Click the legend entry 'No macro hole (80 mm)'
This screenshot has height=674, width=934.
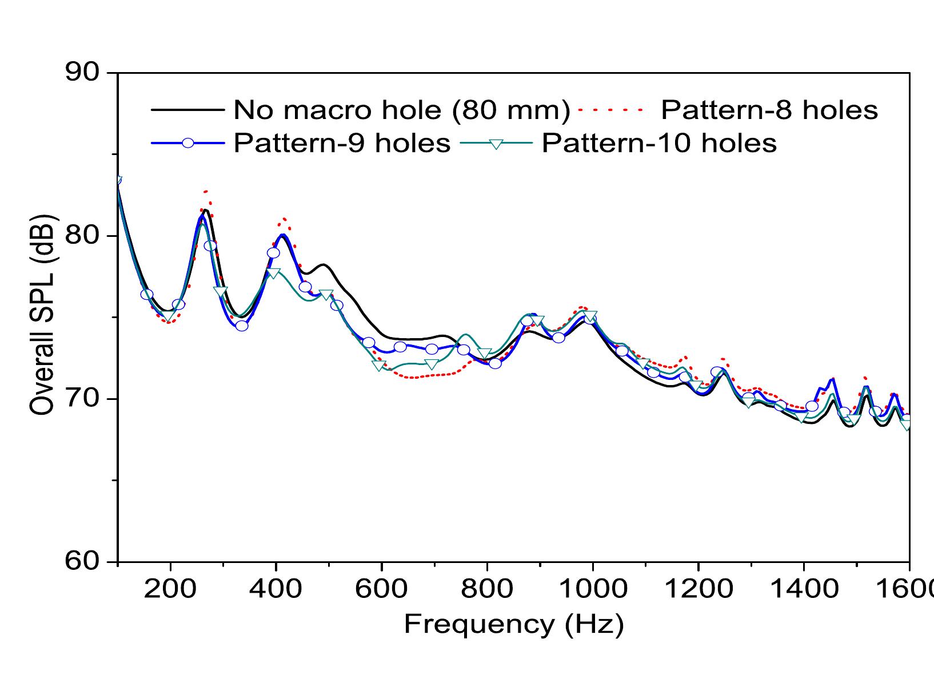401,109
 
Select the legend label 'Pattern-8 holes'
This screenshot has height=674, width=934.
769,109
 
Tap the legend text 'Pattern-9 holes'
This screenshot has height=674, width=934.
342,143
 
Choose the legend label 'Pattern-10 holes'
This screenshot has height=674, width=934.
659,143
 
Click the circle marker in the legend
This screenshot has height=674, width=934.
187,143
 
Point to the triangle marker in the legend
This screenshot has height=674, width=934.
496,144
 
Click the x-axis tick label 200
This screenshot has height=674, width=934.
170,589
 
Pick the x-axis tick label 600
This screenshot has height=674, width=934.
381,589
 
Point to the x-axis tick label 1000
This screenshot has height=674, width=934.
593,589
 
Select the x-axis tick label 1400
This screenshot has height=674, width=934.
804,589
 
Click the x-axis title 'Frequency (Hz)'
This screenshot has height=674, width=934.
513,625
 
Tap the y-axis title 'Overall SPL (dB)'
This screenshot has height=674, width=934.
43,315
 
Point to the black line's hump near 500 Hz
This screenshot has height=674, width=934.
324,264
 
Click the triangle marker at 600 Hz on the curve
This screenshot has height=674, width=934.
379,365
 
